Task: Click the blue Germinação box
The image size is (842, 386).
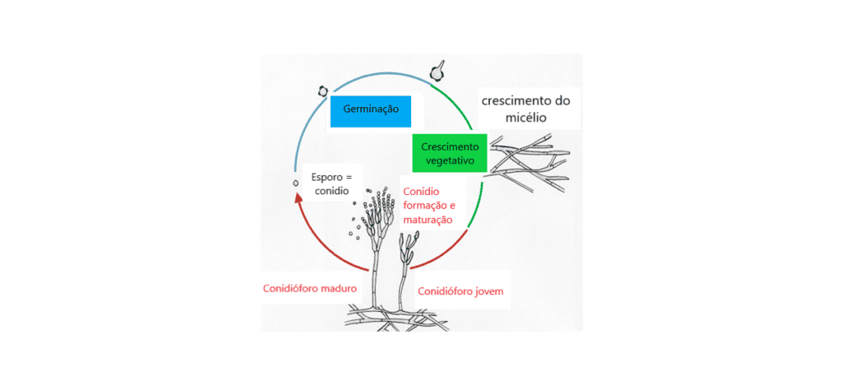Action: pyautogui.click(x=371, y=111)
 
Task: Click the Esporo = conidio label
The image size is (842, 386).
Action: pyautogui.click(x=331, y=184)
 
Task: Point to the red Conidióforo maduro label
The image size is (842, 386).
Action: pyautogui.click(x=310, y=288)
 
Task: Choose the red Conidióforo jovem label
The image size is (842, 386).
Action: pyautogui.click(x=460, y=291)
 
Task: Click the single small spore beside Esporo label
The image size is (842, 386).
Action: pyautogui.click(x=295, y=184)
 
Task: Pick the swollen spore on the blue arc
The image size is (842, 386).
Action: pyautogui.click(x=322, y=91)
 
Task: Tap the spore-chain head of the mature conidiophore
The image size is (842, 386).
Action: pyautogui.click(x=377, y=212)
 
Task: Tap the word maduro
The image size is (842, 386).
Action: pyautogui.click(x=340, y=288)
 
